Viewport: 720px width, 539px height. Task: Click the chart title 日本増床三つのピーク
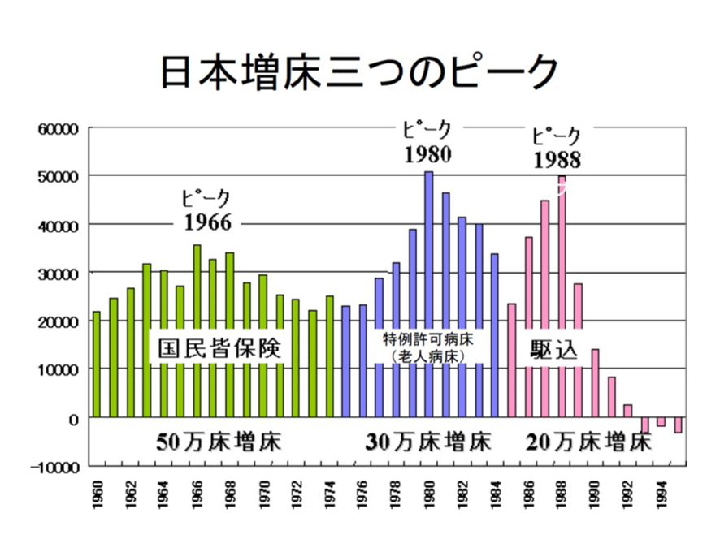358,72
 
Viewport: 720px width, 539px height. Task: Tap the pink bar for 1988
562,244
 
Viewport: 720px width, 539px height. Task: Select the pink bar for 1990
595,382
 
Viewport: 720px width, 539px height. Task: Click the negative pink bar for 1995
678,425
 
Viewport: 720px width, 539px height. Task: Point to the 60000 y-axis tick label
54,128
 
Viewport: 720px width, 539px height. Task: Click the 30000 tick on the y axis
54,273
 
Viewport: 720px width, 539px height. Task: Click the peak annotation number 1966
207,222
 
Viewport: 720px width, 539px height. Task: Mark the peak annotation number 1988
557,159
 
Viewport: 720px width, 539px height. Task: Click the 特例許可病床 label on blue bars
429,336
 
